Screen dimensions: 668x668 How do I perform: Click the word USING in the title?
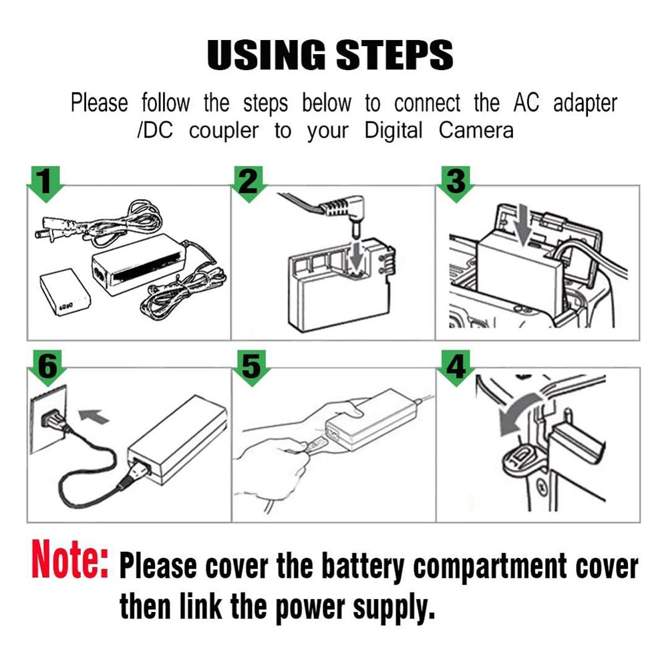(266, 55)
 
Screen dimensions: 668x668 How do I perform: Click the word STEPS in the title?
(395, 55)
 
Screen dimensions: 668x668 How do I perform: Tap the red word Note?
(70, 559)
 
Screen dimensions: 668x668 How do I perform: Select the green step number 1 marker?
(45, 183)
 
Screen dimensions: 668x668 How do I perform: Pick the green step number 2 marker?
(248, 183)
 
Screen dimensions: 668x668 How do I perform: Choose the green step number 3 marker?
(456, 183)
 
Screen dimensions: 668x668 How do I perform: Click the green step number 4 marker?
(456, 367)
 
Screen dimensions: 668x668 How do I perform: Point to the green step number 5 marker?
(252, 367)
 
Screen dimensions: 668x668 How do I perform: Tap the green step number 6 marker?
(47, 367)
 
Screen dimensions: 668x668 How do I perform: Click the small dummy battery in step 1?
(65, 293)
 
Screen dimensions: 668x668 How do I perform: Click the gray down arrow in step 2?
(357, 256)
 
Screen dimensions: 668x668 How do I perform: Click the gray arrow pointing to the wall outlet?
(94, 415)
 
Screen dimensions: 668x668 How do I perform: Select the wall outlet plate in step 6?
(48, 419)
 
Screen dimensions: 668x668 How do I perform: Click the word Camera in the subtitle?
(476, 130)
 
